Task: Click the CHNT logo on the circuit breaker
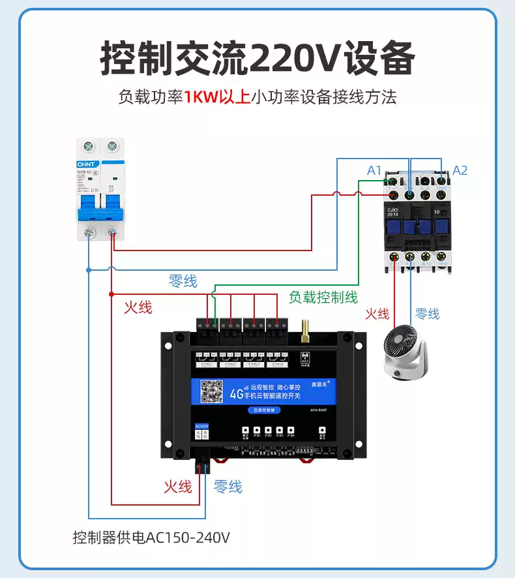pos(87,164)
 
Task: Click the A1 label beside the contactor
pos(374,170)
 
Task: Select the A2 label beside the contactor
pos(460,170)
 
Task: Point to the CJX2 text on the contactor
pos(392,208)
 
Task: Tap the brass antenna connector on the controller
pos(304,331)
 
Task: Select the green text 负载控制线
pos(323,297)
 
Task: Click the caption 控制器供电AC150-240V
pos(151,538)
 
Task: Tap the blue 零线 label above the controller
pos(183,281)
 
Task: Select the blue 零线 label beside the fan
pos(427,314)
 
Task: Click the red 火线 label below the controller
pos(177,487)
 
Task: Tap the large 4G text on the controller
pos(236,394)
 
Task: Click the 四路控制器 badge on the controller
pos(265,410)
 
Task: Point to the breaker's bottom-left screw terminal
pos(89,232)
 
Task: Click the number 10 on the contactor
pos(437,212)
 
